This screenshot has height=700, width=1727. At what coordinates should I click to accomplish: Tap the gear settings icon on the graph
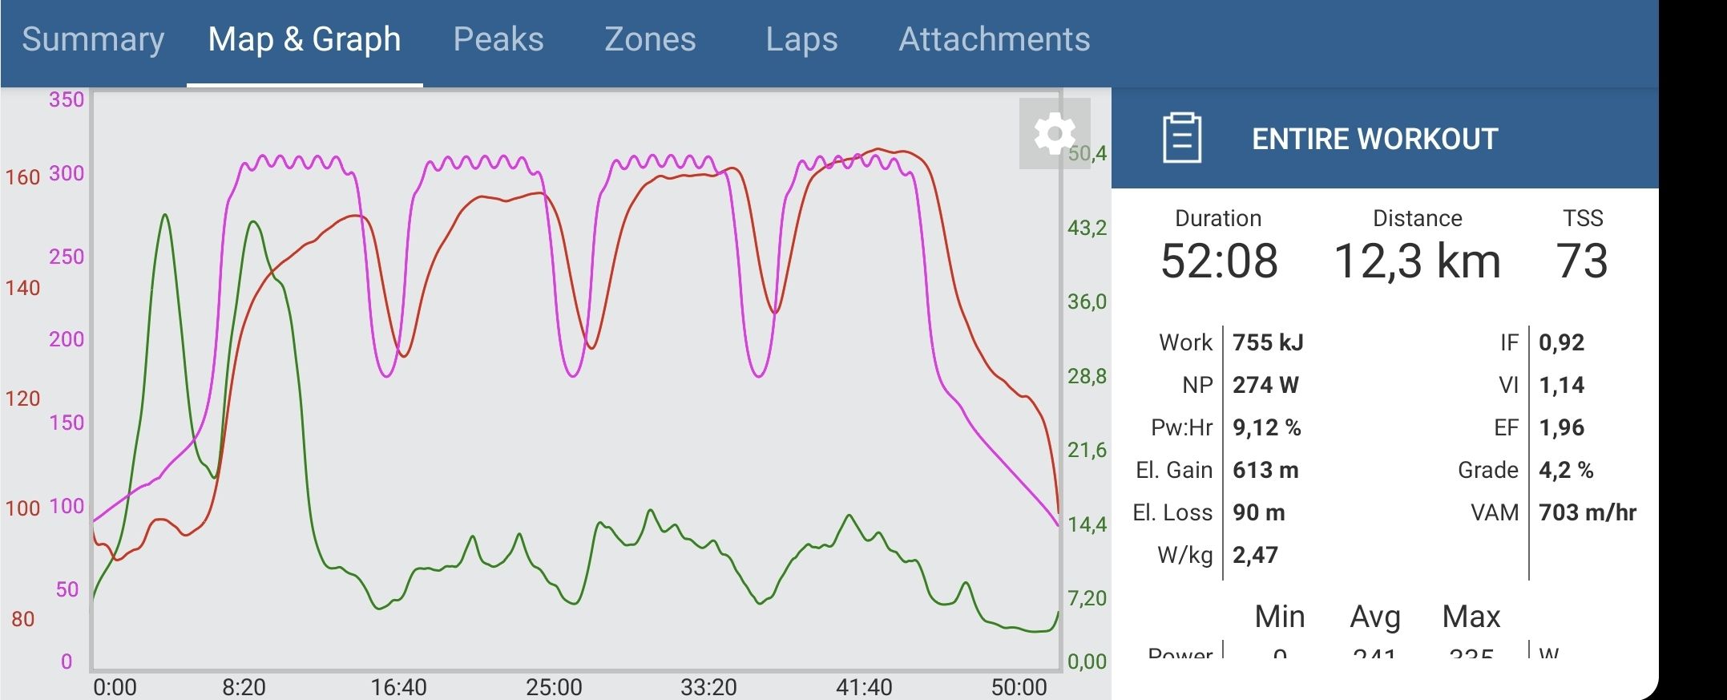[x=1054, y=133]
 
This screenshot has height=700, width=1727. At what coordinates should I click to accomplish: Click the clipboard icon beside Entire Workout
[x=1182, y=138]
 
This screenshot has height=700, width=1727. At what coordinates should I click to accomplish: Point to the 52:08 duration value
[x=1219, y=261]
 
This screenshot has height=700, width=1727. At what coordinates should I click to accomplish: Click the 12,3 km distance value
[x=1417, y=261]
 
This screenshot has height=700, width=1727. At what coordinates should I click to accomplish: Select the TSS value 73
[x=1582, y=261]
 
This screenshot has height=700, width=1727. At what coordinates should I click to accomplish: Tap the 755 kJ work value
[x=1268, y=343]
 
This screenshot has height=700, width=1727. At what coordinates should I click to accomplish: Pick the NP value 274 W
[x=1265, y=386]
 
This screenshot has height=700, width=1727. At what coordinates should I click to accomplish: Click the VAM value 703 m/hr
[x=1587, y=513]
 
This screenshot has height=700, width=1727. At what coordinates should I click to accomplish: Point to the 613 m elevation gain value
[x=1265, y=471]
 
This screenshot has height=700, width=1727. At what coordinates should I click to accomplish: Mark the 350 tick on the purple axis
[x=67, y=100]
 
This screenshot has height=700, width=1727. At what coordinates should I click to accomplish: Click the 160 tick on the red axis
[x=22, y=177]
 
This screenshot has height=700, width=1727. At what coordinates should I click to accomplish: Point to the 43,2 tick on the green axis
[x=1087, y=229]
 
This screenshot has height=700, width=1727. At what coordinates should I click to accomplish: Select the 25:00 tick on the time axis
[x=554, y=687]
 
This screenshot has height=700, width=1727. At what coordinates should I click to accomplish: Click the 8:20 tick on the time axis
[x=244, y=687]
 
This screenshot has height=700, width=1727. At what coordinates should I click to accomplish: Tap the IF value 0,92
[x=1561, y=343]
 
